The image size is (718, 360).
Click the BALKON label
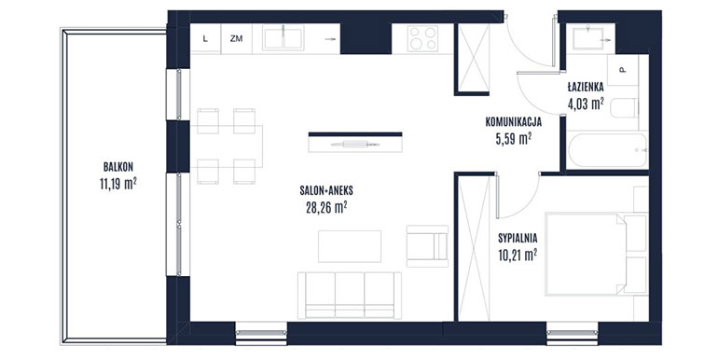118,167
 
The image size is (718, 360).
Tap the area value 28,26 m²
326,208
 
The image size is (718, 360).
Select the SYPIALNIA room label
518,238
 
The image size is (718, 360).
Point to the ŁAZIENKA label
586,87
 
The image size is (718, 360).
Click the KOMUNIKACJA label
513,122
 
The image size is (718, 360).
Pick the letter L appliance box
205,39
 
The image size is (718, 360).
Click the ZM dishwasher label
236,39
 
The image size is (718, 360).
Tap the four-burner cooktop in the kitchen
423,38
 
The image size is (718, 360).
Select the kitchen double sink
283,37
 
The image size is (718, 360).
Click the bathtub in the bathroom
608,150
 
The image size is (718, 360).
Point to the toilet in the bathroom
624,108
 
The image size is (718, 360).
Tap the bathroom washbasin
588,38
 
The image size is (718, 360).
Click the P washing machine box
623,70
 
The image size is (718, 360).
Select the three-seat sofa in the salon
350,296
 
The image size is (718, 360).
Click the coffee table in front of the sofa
350,246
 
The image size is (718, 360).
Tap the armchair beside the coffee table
427,246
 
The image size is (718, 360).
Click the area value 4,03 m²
586,104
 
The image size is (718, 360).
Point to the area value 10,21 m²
518,256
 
